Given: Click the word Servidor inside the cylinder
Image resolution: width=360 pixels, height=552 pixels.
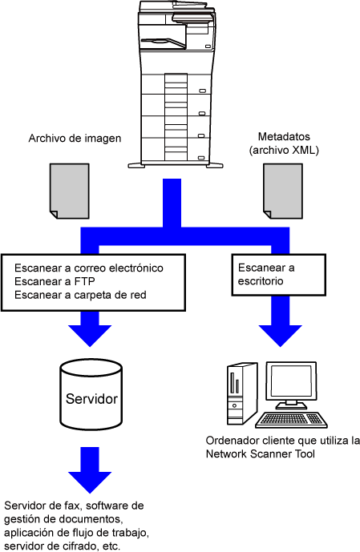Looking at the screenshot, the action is (x=91, y=399).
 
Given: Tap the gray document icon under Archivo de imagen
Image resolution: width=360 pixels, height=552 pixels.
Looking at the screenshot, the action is (x=70, y=191).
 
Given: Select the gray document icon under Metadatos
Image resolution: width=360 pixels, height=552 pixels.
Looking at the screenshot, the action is (x=283, y=191).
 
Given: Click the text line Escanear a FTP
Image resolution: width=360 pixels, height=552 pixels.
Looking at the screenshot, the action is (x=55, y=281).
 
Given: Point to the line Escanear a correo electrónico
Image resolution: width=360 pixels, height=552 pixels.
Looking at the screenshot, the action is (x=89, y=268).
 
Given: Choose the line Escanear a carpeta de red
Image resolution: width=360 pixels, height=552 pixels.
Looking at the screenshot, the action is (x=80, y=295).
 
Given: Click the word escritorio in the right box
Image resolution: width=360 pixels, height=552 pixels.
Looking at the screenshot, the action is (x=261, y=281).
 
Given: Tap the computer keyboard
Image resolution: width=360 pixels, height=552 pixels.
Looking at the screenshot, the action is (x=291, y=420).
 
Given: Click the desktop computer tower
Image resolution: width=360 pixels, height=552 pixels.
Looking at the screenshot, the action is (x=241, y=393).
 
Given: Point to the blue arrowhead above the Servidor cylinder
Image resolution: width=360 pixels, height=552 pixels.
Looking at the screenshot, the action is (x=90, y=336).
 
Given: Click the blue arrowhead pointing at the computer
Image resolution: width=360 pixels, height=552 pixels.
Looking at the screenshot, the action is (x=281, y=336).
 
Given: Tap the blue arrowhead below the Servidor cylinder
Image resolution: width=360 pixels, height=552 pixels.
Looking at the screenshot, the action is (x=90, y=482).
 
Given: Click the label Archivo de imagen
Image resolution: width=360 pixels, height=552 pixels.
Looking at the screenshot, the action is (x=75, y=139).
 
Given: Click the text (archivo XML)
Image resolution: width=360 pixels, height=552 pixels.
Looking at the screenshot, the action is (x=284, y=150).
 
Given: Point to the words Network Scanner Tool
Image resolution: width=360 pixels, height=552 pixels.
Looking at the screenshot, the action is (x=261, y=453).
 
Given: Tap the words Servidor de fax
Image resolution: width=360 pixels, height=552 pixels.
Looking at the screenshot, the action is (x=43, y=506).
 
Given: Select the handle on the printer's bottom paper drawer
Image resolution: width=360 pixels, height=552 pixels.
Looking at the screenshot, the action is (x=201, y=158).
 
